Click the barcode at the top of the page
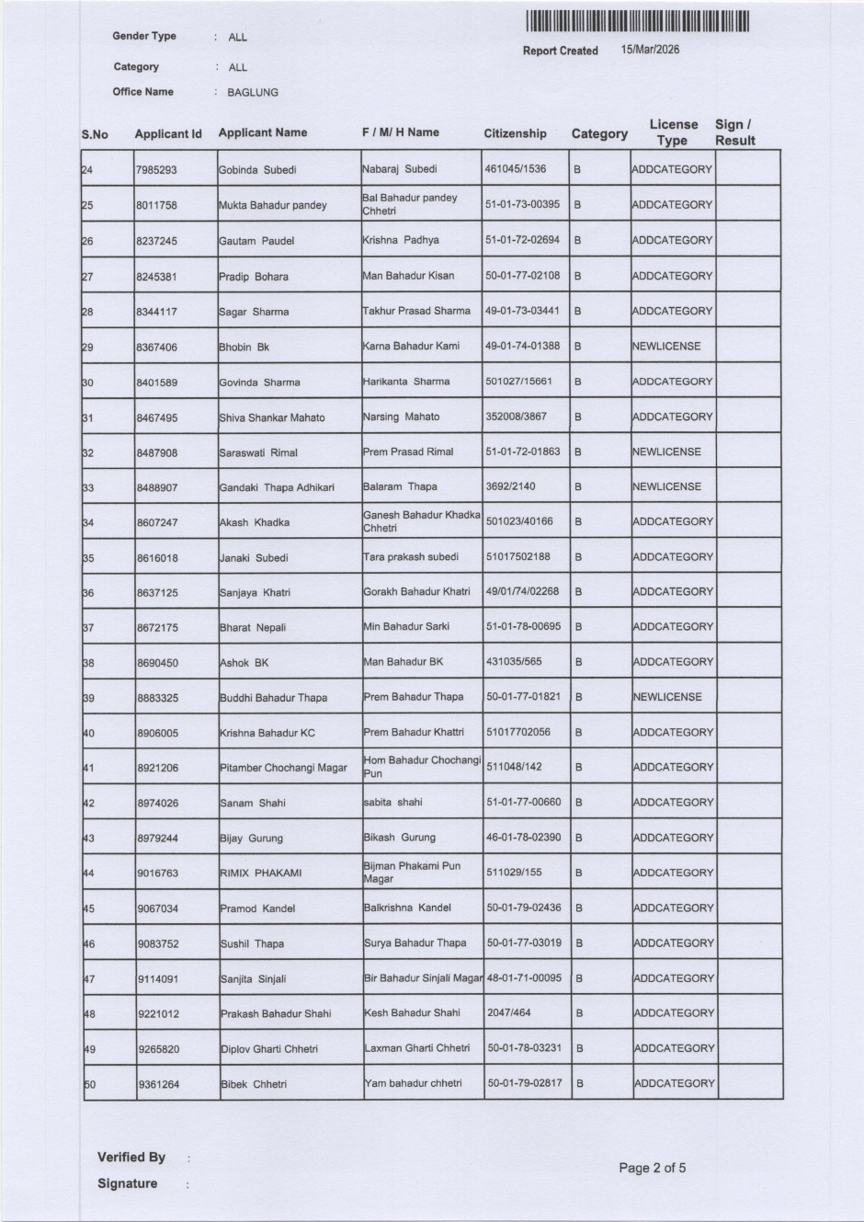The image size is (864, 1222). [x=638, y=21]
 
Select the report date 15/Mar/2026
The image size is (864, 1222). [x=650, y=50]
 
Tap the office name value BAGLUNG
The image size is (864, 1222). [x=252, y=93]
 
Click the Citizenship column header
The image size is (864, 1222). [x=515, y=133]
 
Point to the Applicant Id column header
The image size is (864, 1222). [x=167, y=134]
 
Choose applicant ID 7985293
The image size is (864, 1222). [x=156, y=170]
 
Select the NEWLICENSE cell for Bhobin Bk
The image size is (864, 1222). [x=666, y=347]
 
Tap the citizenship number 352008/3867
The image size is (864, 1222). [x=516, y=417]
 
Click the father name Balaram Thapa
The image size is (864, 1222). [x=400, y=486]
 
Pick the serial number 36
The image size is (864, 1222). [x=88, y=593]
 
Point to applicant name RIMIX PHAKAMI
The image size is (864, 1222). [x=260, y=873]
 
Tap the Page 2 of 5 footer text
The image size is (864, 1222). [x=652, y=1168]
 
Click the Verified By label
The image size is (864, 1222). [x=131, y=1157]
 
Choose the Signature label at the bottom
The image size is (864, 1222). [x=127, y=1183]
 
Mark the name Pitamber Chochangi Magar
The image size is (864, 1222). [x=283, y=768]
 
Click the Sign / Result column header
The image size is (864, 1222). [x=734, y=132]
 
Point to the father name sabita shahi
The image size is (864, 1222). [x=392, y=802]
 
